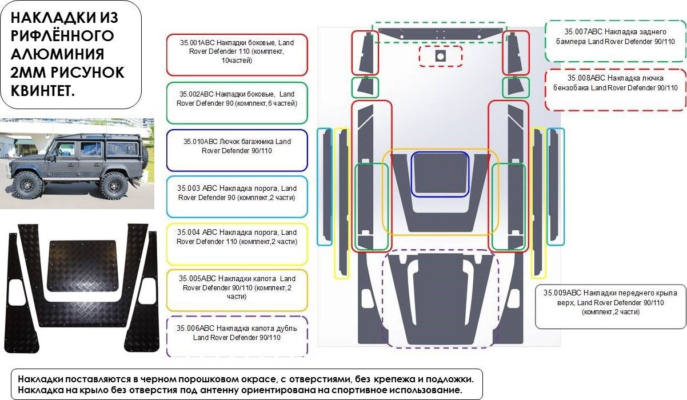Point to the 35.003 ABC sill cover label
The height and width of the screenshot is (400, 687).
198,189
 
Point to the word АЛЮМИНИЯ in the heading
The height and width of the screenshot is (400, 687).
57,54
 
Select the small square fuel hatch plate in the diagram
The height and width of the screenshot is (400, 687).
440,56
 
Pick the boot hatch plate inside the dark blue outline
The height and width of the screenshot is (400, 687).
440,174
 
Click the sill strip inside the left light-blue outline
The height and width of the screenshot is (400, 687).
325,186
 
